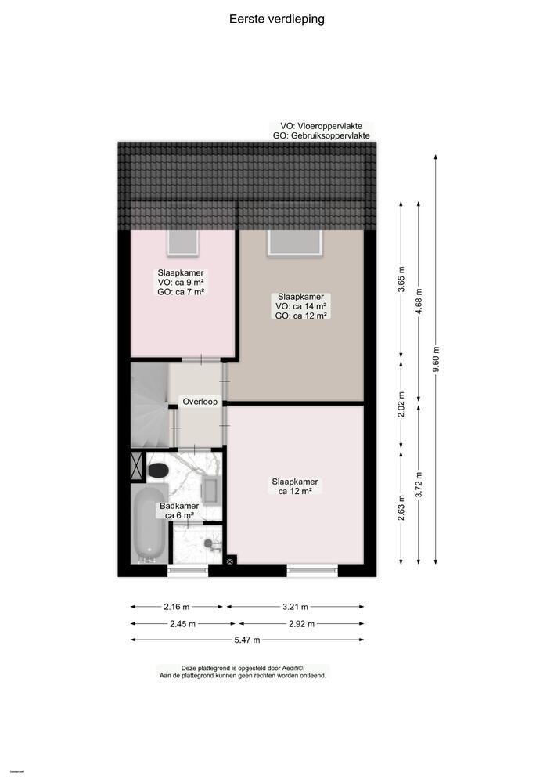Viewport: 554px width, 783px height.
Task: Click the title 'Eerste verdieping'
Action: (276, 19)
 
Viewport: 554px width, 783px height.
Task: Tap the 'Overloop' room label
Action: (200, 401)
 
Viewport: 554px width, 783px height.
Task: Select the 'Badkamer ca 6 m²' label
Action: (179, 511)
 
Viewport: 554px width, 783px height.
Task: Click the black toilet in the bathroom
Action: (159, 470)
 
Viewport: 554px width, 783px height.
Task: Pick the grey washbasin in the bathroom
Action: (211, 489)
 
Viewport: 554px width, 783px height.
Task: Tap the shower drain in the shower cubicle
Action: (208, 542)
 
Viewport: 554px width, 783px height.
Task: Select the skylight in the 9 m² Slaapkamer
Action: (183, 241)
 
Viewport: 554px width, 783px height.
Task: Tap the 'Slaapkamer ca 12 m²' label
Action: (295, 486)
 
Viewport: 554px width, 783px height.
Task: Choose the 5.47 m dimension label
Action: (248, 640)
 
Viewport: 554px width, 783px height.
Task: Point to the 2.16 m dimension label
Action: (178, 606)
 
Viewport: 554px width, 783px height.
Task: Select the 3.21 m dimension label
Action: (295, 606)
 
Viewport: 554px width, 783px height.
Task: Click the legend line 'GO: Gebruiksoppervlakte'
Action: (321, 135)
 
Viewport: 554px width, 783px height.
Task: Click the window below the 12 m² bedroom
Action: (312, 570)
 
